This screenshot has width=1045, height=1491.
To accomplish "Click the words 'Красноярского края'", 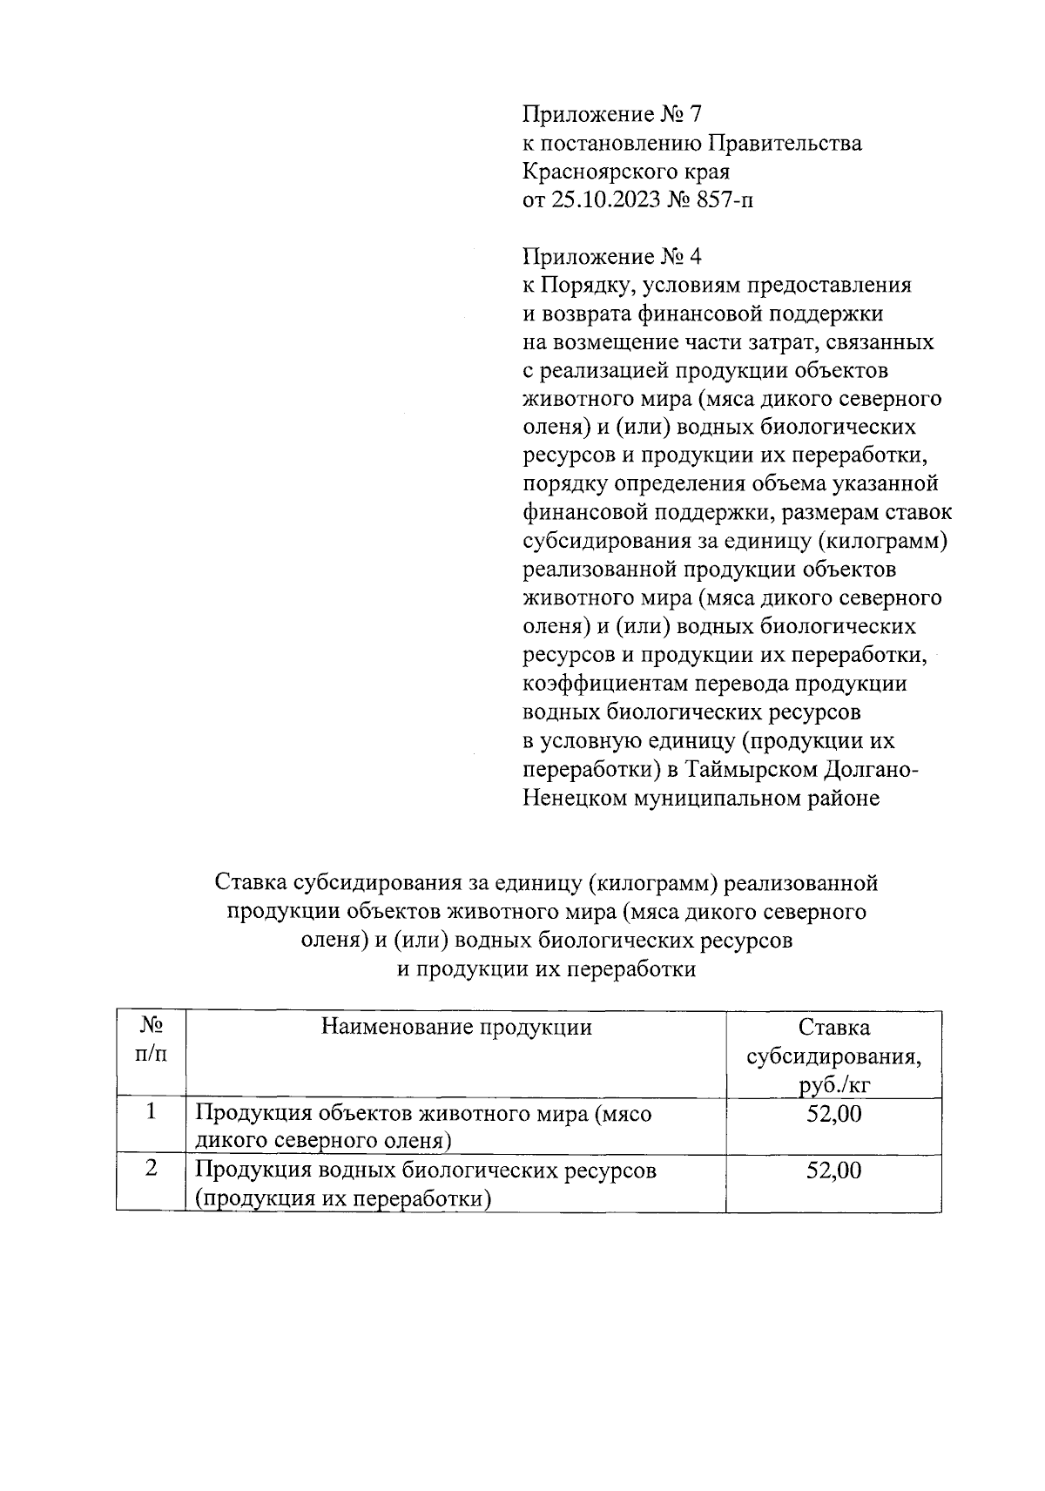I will click(625, 172).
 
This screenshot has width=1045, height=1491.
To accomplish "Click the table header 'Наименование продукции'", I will click(456, 1027).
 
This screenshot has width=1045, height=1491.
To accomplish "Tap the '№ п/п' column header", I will click(151, 1041).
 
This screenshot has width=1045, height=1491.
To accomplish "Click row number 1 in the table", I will click(152, 1112).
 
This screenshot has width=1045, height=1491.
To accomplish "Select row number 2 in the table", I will click(152, 1169).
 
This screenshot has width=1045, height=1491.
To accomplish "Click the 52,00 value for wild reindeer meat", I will click(833, 1113).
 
